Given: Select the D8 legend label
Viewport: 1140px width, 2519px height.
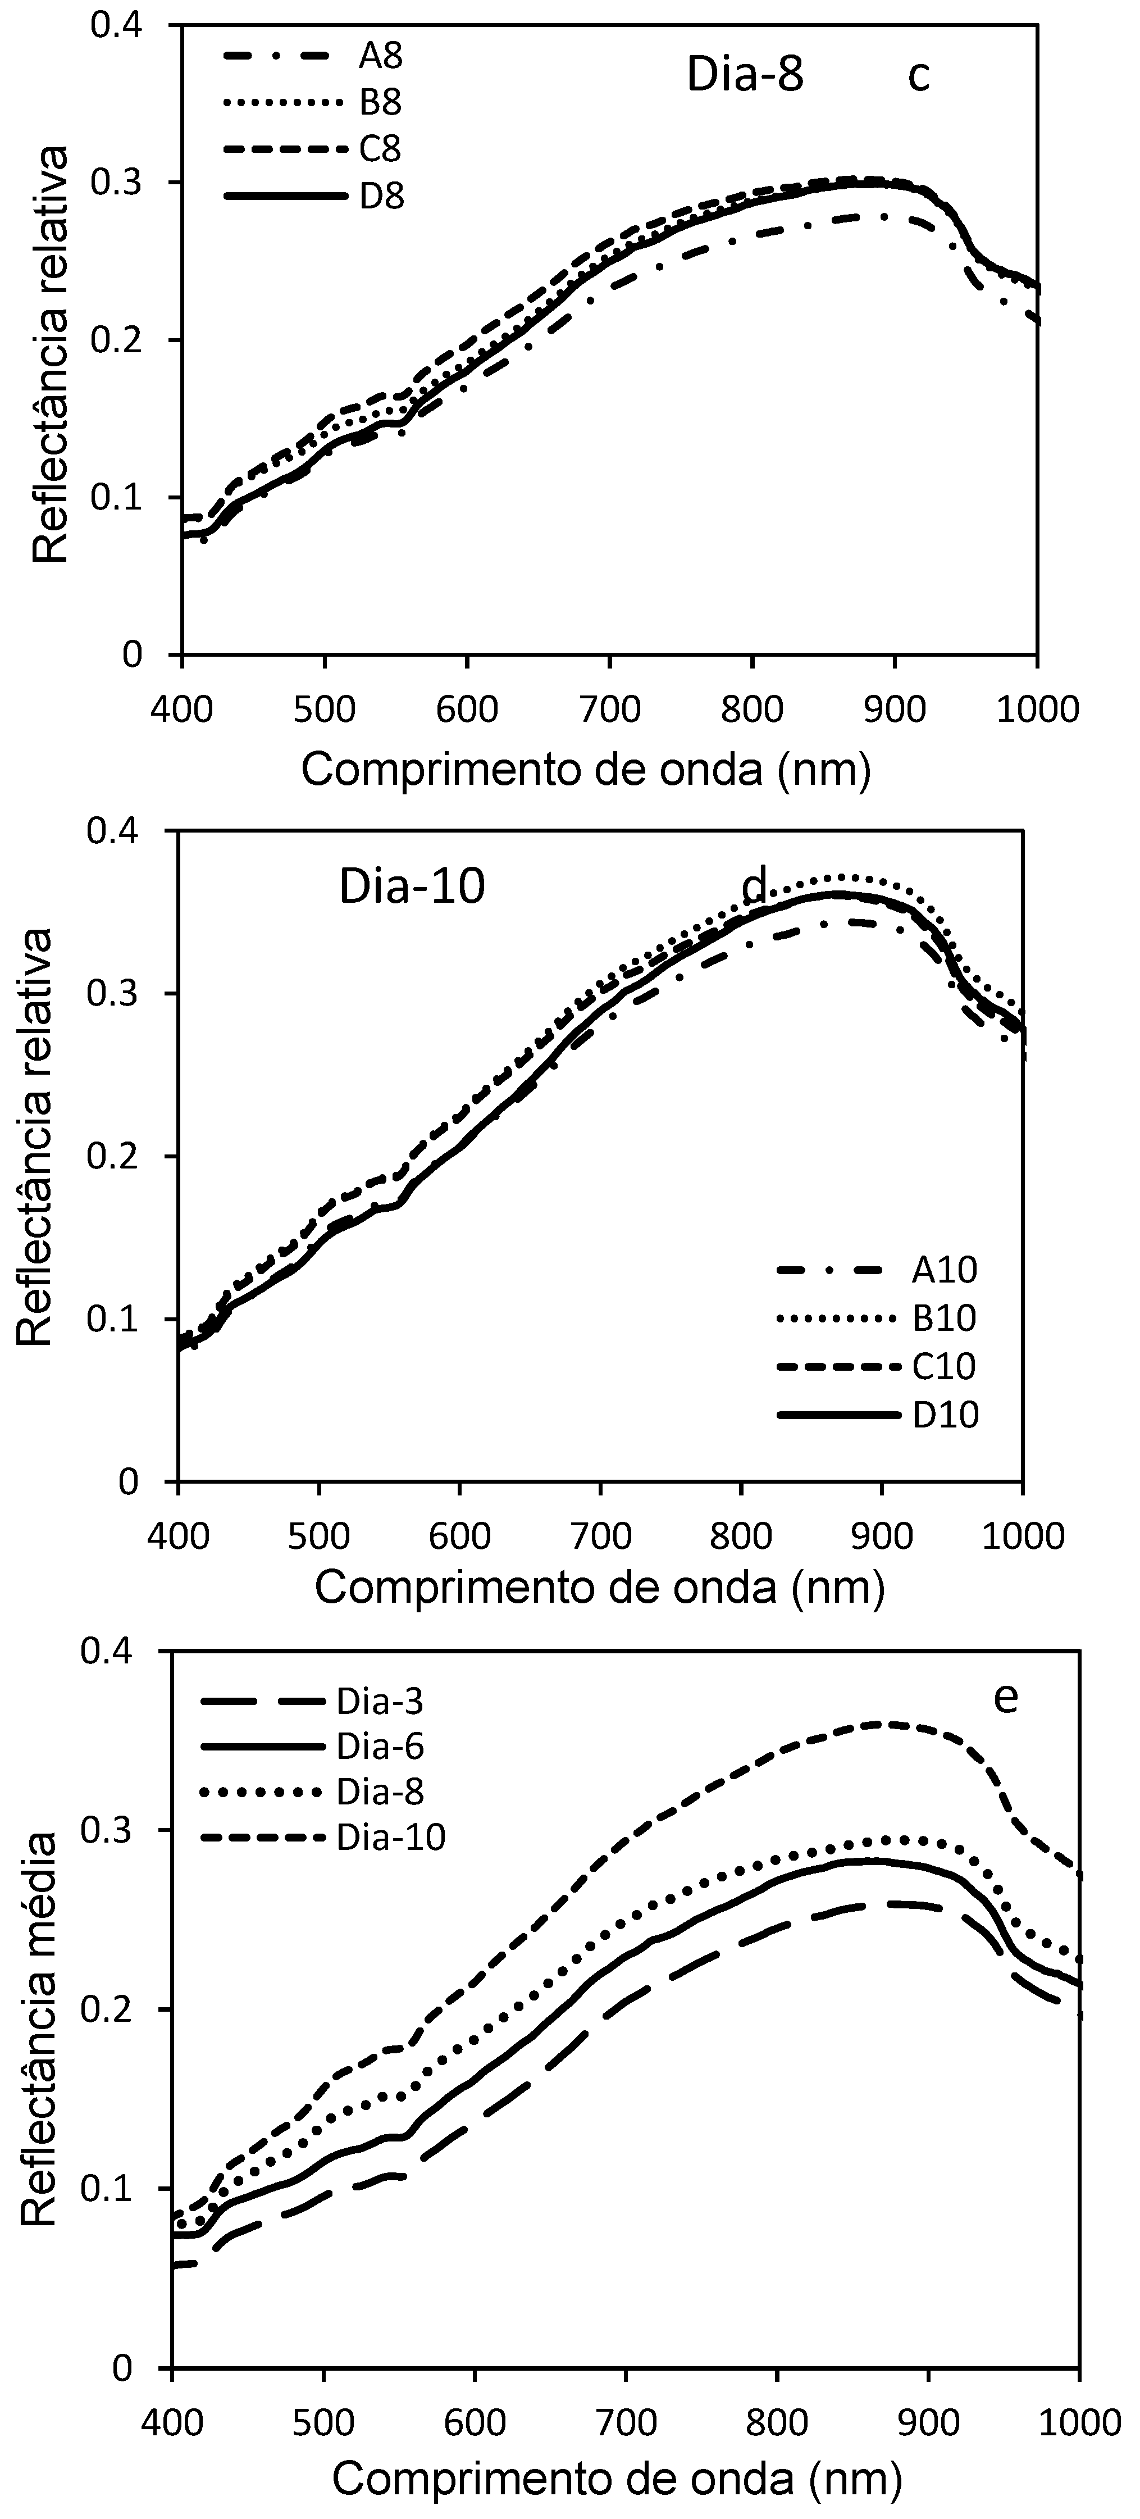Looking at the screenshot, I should (381, 197).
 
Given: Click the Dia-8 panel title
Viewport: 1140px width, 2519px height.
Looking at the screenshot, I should (745, 75).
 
